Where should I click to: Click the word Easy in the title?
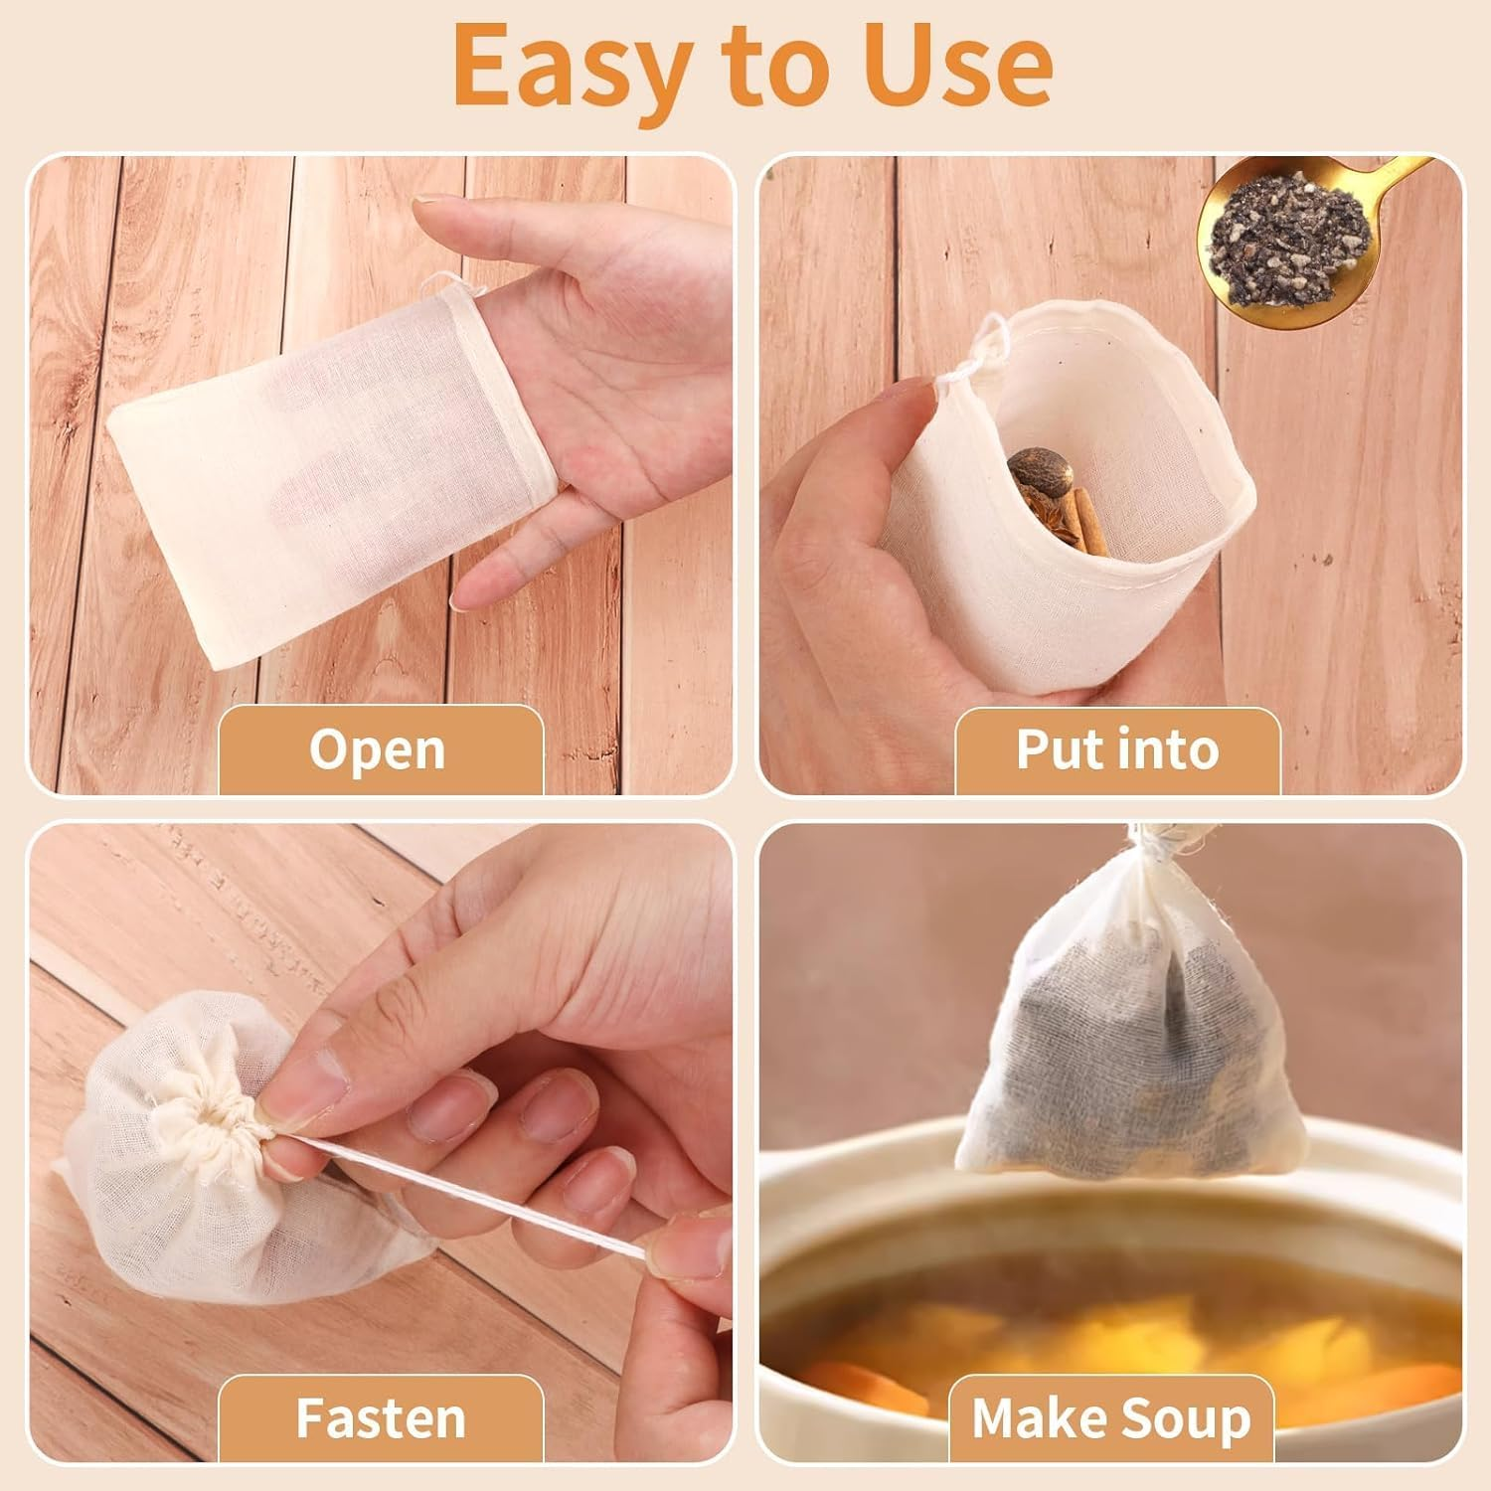click(x=568, y=65)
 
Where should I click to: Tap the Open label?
click(x=377, y=749)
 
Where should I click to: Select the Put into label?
click(x=1116, y=749)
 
